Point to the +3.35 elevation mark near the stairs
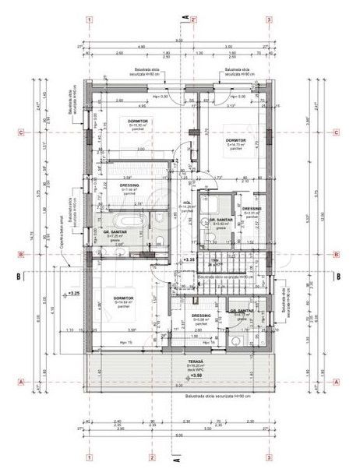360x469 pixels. [x=189, y=259]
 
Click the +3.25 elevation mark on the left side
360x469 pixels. [x=75, y=294]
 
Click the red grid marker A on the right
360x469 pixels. [x=336, y=382]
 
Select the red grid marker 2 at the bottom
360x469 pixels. [x=153, y=457]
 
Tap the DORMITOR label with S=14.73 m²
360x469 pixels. [x=236, y=141]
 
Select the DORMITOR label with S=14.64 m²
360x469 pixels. [x=122, y=298]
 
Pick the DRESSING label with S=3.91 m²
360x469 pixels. [x=252, y=209]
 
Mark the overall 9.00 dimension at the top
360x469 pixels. [x=178, y=40]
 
